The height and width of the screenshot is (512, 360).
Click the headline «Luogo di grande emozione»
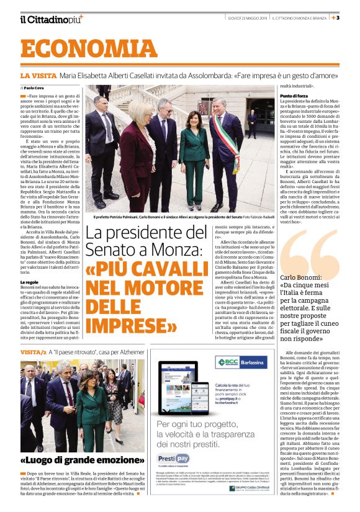pyautogui.click(x=70, y=461)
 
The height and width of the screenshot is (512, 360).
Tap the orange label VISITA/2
pyautogui.click(x=34, y=352)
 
